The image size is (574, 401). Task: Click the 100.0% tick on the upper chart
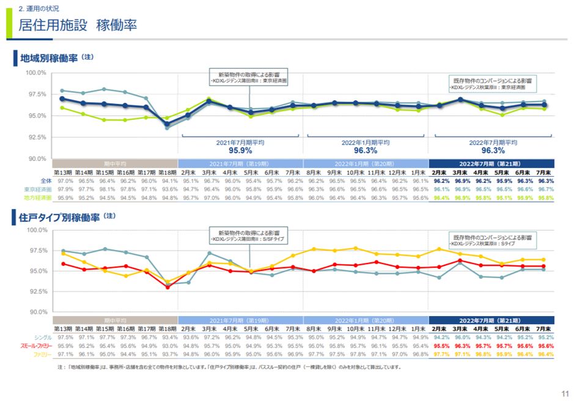pos(36,73)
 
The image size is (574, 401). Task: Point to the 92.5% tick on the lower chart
pos(36,292)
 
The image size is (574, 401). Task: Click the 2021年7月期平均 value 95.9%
pos(240,150)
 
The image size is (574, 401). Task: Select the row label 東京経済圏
pos(39,189)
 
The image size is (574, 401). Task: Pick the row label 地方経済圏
pos(39,198)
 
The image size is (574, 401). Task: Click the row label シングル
pos(42,337)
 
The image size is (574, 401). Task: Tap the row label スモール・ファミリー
pos(36,346)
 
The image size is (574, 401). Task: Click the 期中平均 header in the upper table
pos(115,163)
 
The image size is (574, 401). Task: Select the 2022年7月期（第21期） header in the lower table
pos(491,320)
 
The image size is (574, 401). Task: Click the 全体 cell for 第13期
pos(65,181)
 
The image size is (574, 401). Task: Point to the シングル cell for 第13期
pos(65,337)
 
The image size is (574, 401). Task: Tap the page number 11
pos(565,393)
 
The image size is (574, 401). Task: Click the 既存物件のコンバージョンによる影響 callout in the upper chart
pos(492,84)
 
